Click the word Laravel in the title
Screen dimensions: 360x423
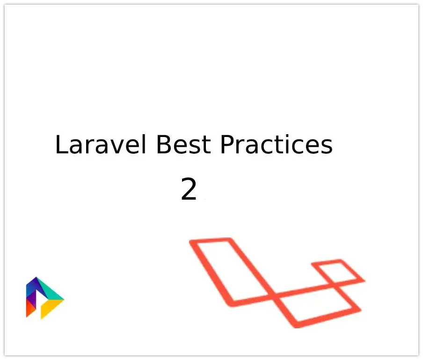[102, 145]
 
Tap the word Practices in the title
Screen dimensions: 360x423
[276, 145]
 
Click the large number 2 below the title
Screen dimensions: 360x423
[189, 190]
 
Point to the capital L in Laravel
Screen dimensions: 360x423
[61, 145]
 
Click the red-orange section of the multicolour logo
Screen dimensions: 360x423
[31, 309]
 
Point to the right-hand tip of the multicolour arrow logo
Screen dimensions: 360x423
[63, 299]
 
